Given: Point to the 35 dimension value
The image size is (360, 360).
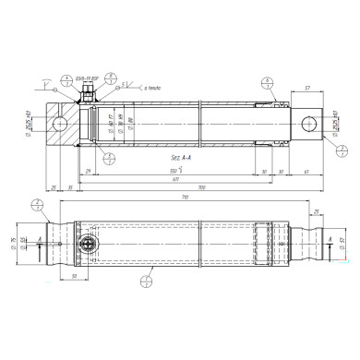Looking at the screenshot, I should pos(54,188).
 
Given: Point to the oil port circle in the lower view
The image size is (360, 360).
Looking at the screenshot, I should pos(89,245).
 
